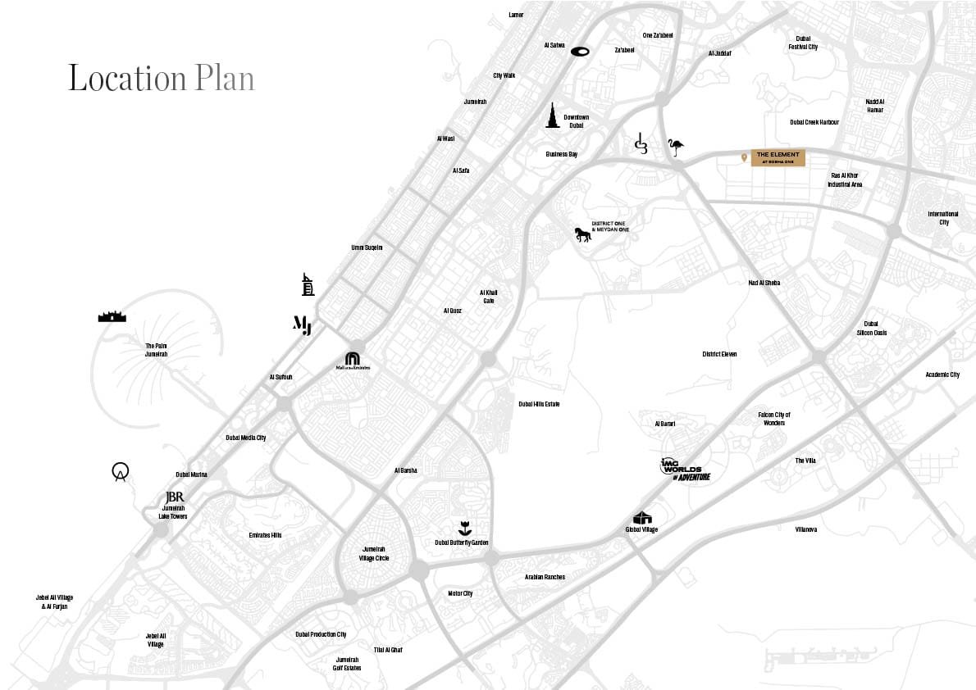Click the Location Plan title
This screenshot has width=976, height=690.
click(161, 79)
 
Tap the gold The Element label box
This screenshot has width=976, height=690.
click(778, 158)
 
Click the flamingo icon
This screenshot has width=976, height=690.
click(675, 148)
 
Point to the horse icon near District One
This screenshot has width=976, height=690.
click(583, 235)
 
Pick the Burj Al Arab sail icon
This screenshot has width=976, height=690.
click(308, 284)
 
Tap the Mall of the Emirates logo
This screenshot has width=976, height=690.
click(352, 361)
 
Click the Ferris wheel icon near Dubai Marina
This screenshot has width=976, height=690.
click(121, 472)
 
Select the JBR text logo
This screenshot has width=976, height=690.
click(174, 497)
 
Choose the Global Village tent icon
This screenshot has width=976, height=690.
click(642, 518)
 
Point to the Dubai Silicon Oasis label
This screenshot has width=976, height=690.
click(871, 328)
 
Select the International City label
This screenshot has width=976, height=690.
click(943, 218)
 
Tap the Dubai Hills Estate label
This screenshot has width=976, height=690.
click(539, 404)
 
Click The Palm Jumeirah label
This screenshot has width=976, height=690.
click(156, 350)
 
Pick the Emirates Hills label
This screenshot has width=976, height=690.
click(265, 535)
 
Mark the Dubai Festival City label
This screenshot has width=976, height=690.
click(803, 43)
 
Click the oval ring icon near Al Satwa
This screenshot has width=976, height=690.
click(580, 52)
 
